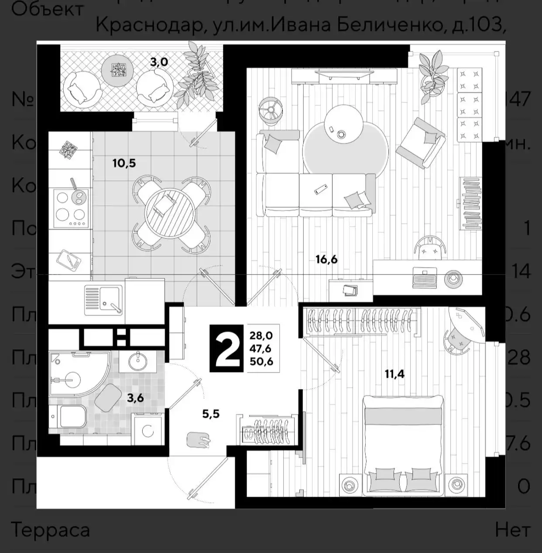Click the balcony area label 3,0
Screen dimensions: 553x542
click(x=159, y=62)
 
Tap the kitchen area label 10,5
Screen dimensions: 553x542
click(x=124, y=163)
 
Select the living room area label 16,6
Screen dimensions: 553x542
click(x=326, y=260)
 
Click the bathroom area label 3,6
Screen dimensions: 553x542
click(x=135, y=397)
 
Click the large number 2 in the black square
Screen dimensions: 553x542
click(x=227, y=349)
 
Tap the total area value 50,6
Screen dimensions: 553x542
click(x=261, y=361)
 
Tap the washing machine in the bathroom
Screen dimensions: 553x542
click(x=148, y=429)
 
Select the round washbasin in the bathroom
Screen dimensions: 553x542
click(x=138, y=360)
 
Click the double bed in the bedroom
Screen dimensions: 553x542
click(x=404, y=444)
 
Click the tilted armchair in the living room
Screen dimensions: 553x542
click(x=421, y=142)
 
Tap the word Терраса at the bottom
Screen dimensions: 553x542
click(x=50, y=530)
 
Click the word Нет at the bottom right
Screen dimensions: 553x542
click(x=513, y=530)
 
